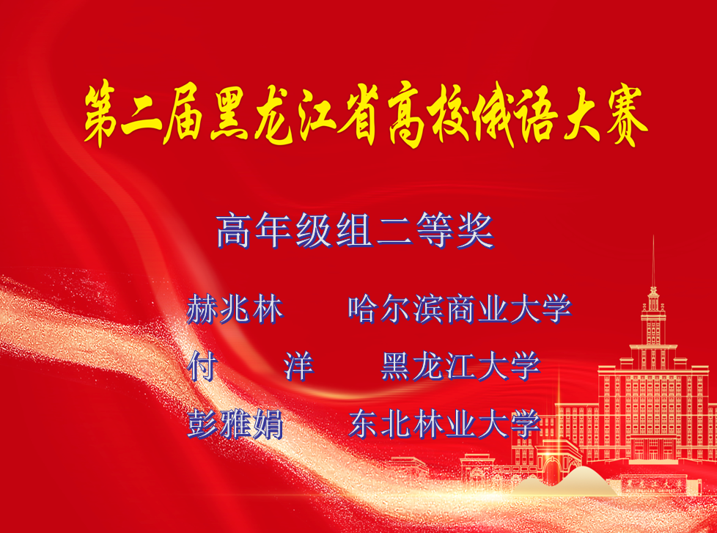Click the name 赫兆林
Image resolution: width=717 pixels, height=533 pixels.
pyautogui.click(x=235, y=309)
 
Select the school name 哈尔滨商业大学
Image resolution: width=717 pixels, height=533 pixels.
pyautogui.click(x=460, y=309)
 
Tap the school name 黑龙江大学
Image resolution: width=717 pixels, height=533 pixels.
pyautogui.click(x=461, y=366)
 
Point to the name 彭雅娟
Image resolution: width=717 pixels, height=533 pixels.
pyautogui.click(x=235, y=424)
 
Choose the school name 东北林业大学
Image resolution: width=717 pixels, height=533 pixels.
pyautogui.click(x=444, y=424)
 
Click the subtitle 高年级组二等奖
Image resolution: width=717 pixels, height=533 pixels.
pyautogui.click(x=356, y=231)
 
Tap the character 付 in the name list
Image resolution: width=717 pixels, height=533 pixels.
pyautogui.click(x=202, y=366)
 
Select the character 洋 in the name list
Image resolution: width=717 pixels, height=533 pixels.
pyautogui.click(x=298, y=366)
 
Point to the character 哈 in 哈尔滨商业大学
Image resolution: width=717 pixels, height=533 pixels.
pyautogui.click(x=363, y=309)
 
